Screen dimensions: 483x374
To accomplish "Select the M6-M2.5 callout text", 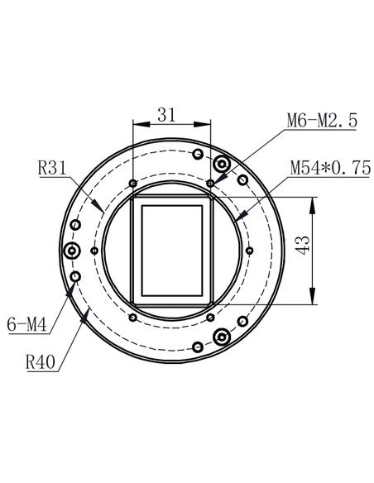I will [322, 121].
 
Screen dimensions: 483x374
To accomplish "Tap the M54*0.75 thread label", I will [329, 167].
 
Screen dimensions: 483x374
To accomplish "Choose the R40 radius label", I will [41, 361].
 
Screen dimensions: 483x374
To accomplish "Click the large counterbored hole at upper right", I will [222, 163].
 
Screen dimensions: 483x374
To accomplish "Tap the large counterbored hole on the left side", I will [74, 251].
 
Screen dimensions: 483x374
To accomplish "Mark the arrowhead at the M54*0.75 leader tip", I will [242, 218].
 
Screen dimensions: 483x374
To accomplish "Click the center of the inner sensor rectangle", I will [172, 251].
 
